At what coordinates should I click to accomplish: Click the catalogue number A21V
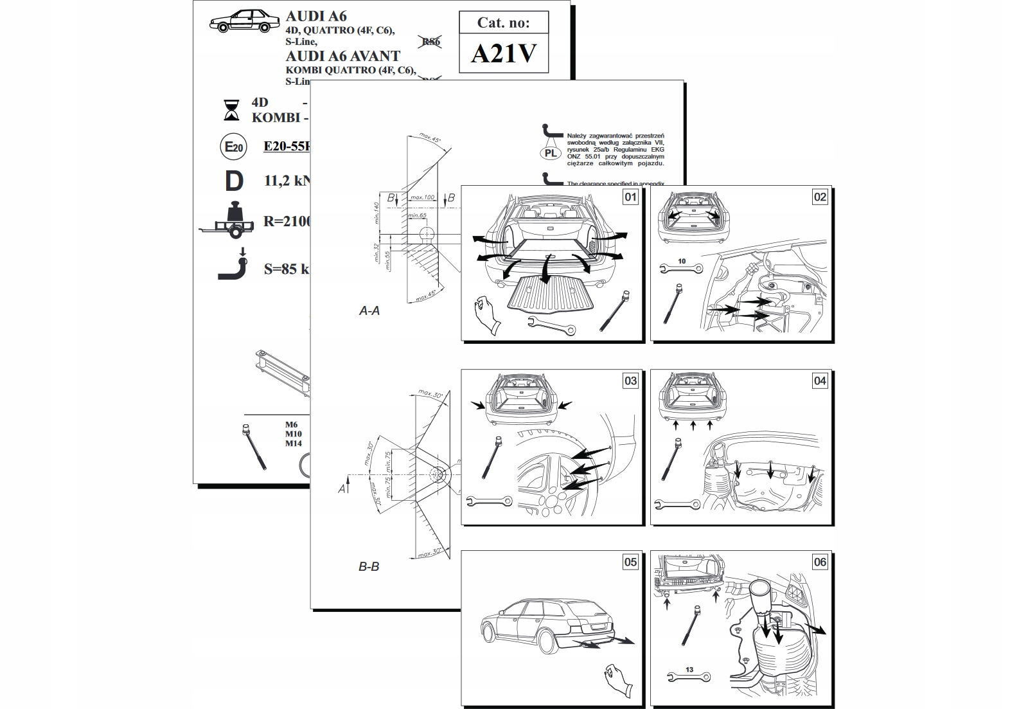[503, 53]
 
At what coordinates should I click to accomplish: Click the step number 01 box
[630, 197]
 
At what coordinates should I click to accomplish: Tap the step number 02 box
[820, 197]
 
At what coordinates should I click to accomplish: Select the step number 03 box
[630, 381]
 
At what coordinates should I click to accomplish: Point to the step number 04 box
[820, 381]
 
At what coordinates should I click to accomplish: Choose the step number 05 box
[630, 562]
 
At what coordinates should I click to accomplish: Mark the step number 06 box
[820, 562]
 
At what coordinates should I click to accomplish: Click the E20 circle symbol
[233, 147]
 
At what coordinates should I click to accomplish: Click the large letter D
[234, 181]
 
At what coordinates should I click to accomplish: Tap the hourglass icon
[231, 110]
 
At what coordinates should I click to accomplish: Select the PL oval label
[551, 153]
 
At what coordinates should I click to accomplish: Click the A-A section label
[369, 311]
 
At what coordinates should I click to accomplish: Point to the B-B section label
[369, 567]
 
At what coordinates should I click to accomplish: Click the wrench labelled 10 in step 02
[681, 269]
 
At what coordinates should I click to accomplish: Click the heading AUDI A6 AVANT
[342, 57]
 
